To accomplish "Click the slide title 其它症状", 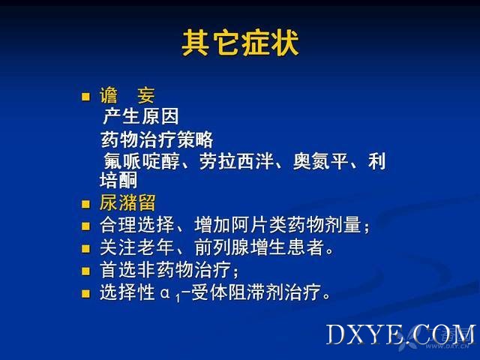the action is pyautogui.click(x=240, y=43).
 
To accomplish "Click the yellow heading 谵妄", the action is pyautogui.click(x=127, y=95).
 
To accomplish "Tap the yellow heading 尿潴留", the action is pyautogui.click(x=127, y=202).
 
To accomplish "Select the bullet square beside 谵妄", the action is pyautogui.click(x=85, y=97).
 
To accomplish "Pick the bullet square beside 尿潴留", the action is pyautogui.click(x=85, y=204).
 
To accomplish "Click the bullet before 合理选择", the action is pyautogui.click(x=85, y=226).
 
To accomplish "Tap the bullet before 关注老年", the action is pyautogui.click(x=85, y=248).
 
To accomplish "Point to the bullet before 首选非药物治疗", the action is pyautogui.click(x=85, y=271).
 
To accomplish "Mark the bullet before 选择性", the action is pyautogui.click(x=85, y=293).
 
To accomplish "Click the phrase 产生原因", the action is pyautogui.click(x=141, y=116).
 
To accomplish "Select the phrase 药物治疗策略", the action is pyautogui.click(x=157, y=139).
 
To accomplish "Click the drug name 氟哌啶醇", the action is pyautogui.click(x=142, y=161).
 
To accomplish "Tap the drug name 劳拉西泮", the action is pyautogui.click(x=236, y=161).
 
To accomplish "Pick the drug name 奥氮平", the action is pyautogui.click(x=321, y=161).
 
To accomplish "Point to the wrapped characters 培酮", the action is pyautogui.click(x=118, y=180).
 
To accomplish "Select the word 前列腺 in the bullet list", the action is pyautogui.click(x=222, y=247).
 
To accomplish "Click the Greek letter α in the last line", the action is pyautogui.click(x=165, y=293).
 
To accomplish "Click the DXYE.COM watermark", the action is pyautogui.click(x=401, y=335).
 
